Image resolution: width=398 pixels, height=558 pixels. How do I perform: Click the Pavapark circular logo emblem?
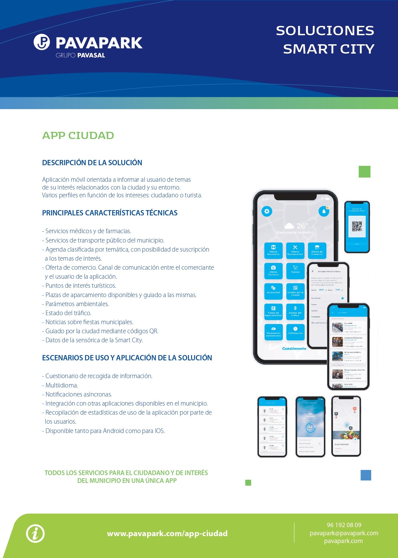(42, 42)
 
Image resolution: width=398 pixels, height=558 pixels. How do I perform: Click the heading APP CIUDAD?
(78, 136)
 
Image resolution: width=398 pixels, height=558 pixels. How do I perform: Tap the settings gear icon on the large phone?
(267, 211)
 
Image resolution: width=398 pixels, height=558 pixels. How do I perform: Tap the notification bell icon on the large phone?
(324, 211)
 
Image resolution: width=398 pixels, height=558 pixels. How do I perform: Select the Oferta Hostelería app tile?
(273, 251)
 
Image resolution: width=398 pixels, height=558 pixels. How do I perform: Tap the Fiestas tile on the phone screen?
(295, 270)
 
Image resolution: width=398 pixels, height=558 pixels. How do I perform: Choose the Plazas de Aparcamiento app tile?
(273, 311)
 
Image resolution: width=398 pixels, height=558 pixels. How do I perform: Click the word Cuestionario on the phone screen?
(294, 349)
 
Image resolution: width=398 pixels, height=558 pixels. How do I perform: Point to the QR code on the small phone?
(357, 226)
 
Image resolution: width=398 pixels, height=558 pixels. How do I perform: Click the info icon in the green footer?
(35, 533)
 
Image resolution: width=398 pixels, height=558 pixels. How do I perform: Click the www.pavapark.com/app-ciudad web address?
(167, 533)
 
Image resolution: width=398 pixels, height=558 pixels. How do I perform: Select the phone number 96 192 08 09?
(344, 525)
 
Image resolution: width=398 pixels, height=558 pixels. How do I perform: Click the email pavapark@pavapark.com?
(344, 533)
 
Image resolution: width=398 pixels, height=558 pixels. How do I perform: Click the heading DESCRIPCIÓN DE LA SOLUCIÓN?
(92, 163)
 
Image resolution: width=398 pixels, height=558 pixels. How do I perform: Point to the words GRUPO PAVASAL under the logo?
(80, 55)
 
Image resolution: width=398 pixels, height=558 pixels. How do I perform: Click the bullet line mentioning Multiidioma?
(61, 385)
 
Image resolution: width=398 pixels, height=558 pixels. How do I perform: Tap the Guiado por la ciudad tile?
(295, 291)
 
